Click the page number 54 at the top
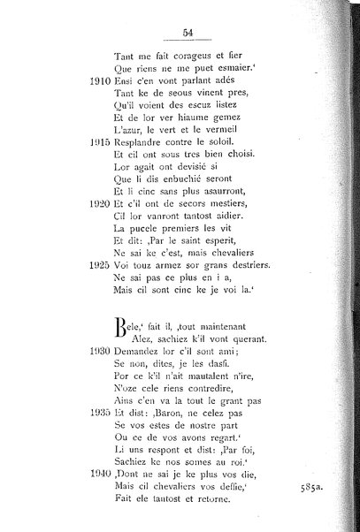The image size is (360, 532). (188, 34)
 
